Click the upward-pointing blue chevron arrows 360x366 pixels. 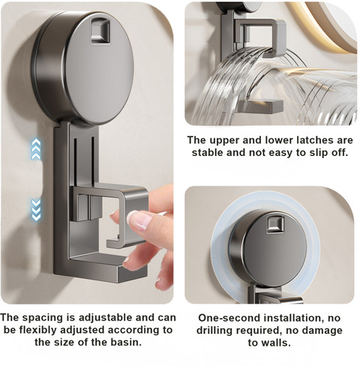[36, 149]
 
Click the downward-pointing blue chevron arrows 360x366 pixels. [36, 209]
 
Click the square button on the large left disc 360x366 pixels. [100, 31]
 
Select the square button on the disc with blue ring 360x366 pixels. [275, 225]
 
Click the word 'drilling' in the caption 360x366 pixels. [214, 331]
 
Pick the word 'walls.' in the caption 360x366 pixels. [269, 343]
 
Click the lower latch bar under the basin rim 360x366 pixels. [261, 106]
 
